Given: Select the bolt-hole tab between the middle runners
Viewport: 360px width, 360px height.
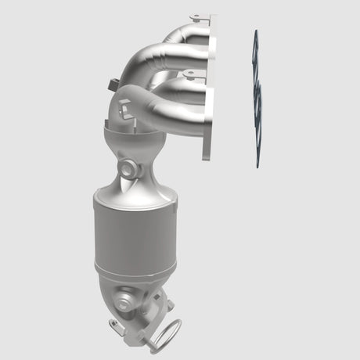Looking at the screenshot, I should click(189, 76).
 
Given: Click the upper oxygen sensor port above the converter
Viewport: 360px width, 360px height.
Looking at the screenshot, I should click(128, 168).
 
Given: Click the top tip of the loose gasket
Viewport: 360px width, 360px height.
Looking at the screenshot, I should click(254, 33).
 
